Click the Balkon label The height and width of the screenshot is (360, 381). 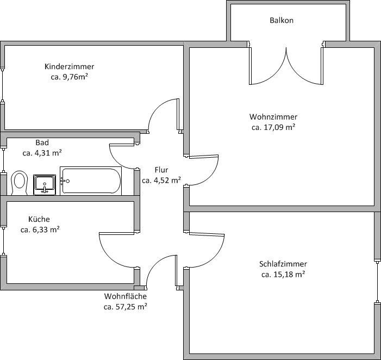tap(282, 21)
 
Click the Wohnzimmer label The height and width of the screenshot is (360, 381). tap(273, 117)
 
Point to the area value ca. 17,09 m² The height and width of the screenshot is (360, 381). tap(273, 127)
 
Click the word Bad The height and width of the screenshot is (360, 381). tap(42, 142)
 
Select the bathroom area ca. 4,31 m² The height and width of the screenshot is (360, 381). tap(42, 153)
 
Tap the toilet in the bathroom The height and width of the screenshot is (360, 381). tap(20, 183)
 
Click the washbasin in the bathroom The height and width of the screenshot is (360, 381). tap(44, 184)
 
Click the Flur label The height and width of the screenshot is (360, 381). tap(161, 170)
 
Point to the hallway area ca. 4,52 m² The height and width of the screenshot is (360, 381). tap(161, 180)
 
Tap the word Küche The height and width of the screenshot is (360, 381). tap(39, 219)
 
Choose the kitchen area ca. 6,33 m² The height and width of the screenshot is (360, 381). tap(40, 229)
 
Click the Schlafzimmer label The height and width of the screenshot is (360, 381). tap(283, 264)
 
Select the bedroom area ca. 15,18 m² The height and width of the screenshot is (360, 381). tap(283, 274)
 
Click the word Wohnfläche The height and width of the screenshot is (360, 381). tap(126, 296)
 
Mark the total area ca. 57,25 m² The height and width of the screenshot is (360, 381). tap(126, 307)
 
